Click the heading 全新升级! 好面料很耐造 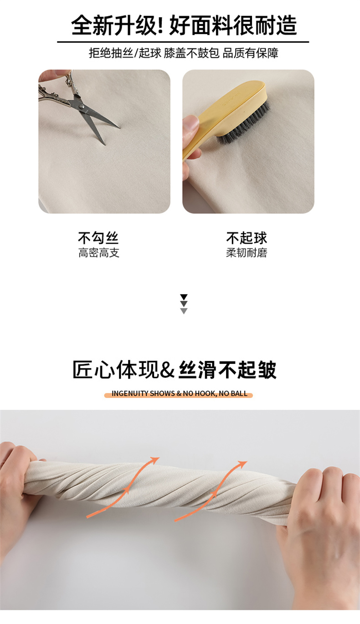tap(184, 26)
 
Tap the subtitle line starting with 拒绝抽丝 tap(184, 53)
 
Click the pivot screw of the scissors tap(81, 107)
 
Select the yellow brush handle tap(223, 117)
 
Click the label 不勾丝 tap(98, 238)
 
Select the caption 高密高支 tap(98, 253)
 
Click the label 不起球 tap(247, 238)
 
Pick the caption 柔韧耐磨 tap(247, 253)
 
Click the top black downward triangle tap(184, 297)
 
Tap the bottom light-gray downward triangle tap(184, 311)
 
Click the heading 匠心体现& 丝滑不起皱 tap(175, 370)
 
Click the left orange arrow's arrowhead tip tap(159, 458)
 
